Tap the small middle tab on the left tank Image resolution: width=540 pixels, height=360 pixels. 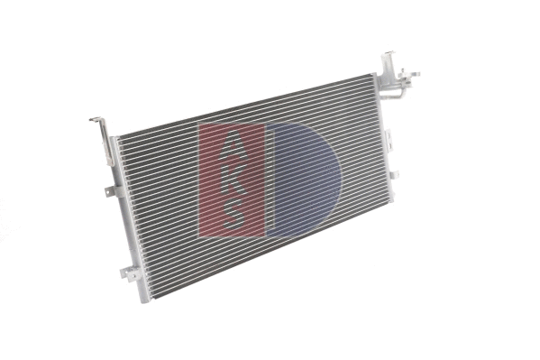pos(110,190)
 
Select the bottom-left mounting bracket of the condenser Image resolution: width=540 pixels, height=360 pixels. pos(130,272)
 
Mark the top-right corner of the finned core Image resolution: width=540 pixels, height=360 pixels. pos(373,78)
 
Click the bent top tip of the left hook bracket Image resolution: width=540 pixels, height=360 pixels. pos(95,119)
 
